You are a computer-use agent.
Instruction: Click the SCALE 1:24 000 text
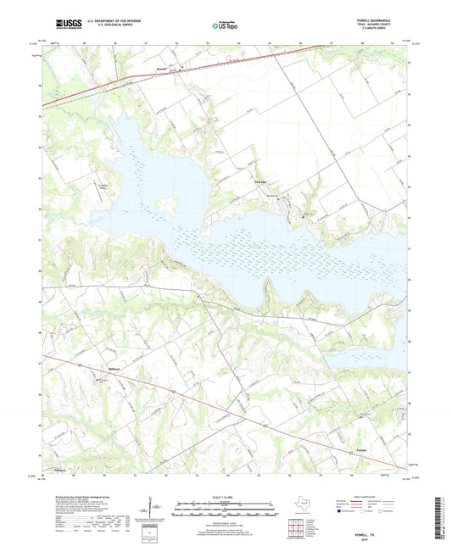(225, 497)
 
